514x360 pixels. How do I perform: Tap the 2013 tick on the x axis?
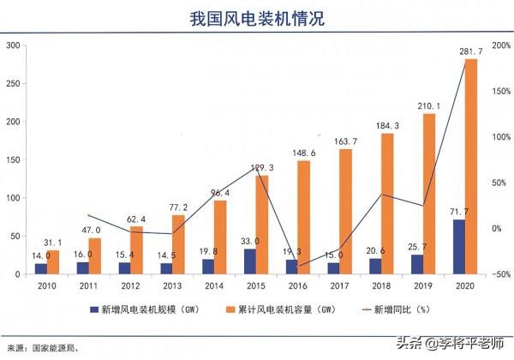click(x=172, y=287)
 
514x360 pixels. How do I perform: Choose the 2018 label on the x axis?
click(x=381, y=287)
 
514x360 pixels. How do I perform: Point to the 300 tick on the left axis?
click(x=15, y=45)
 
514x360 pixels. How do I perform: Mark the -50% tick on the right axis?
click(x=499, y=274)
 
